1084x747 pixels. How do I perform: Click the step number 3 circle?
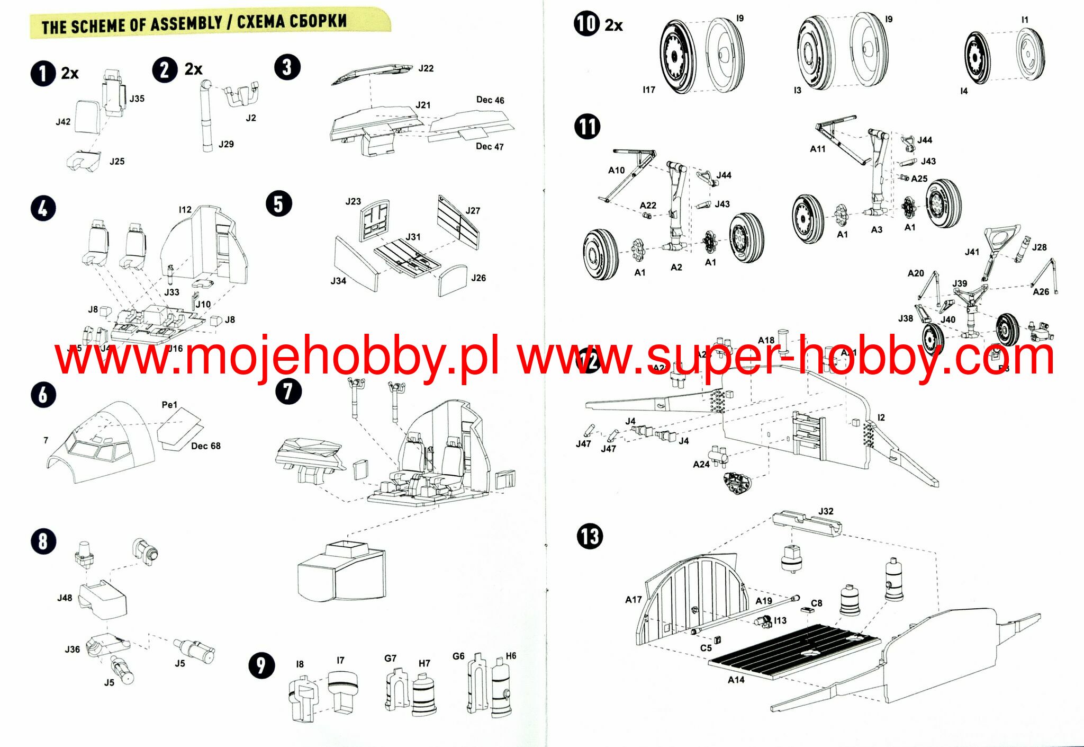click(x=287, y=67)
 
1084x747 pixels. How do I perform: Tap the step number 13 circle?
click(x=589, y=536)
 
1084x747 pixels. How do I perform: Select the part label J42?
click(x=63, y=122)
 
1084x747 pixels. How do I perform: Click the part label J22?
click(x=426, y=68)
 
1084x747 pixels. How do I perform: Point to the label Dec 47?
click(x=490, y=147)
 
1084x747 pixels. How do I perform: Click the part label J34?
click(x=338, y=281)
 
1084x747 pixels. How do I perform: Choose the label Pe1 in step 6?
click(x=169, y=405)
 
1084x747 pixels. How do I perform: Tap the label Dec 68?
click(x=205, y=446)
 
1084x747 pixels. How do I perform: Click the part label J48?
click(x=65, y=598)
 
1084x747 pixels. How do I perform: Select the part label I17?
click(x=649, y=90)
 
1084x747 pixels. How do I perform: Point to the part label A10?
click(x=616, y=170)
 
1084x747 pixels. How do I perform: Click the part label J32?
click(x=826, y=511)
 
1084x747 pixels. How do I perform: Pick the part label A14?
click(x=736, y=680)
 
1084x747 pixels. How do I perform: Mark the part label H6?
click(x=511, y=656)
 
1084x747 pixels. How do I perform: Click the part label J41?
click(x=972, y=252)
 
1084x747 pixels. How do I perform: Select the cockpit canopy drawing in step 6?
click(x=101, y=445)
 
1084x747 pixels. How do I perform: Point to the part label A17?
click(x=633, y=600)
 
